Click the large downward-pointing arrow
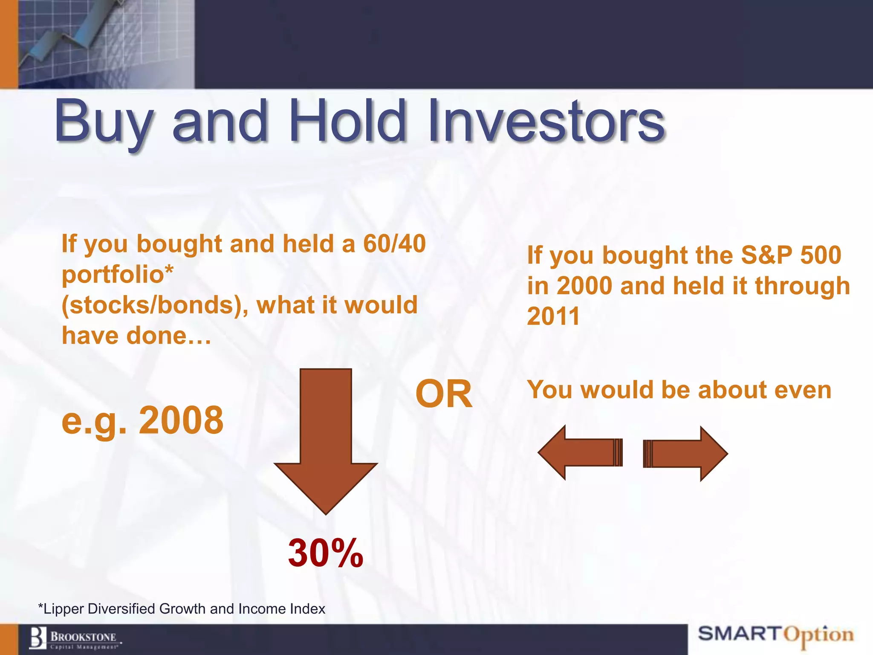tap(326, 439)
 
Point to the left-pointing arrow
tap(580, 452)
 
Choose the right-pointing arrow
tap(685, 453)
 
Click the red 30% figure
tap(326, 553)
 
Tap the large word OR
tap(444, 394)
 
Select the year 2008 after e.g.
tap(181, 420)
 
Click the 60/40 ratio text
tap(394, 244)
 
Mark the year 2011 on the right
tap(553, 316)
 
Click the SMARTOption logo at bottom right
tap(776, 635)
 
